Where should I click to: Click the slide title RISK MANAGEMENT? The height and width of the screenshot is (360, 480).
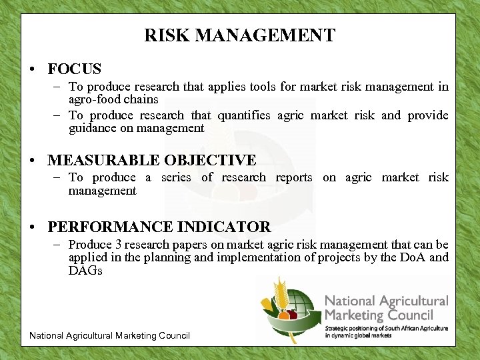pos(239,35)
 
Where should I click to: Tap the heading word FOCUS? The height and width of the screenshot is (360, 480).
pos(75,69)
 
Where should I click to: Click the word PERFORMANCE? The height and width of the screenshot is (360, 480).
pos(116,227)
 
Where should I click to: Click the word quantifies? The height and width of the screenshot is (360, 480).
pos(238,115)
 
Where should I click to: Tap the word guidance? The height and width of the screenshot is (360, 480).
pos(94,128)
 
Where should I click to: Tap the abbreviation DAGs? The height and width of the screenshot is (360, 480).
pos(85,271)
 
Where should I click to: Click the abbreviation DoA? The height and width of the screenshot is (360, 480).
pos(413,257)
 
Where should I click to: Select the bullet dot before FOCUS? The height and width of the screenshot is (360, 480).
pos(33,69)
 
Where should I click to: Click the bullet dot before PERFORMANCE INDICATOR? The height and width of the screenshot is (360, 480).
pos(33,227)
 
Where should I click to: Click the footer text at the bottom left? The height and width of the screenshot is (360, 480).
pos(109,335)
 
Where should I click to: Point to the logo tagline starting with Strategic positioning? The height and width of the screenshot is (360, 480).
pos(386,331)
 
